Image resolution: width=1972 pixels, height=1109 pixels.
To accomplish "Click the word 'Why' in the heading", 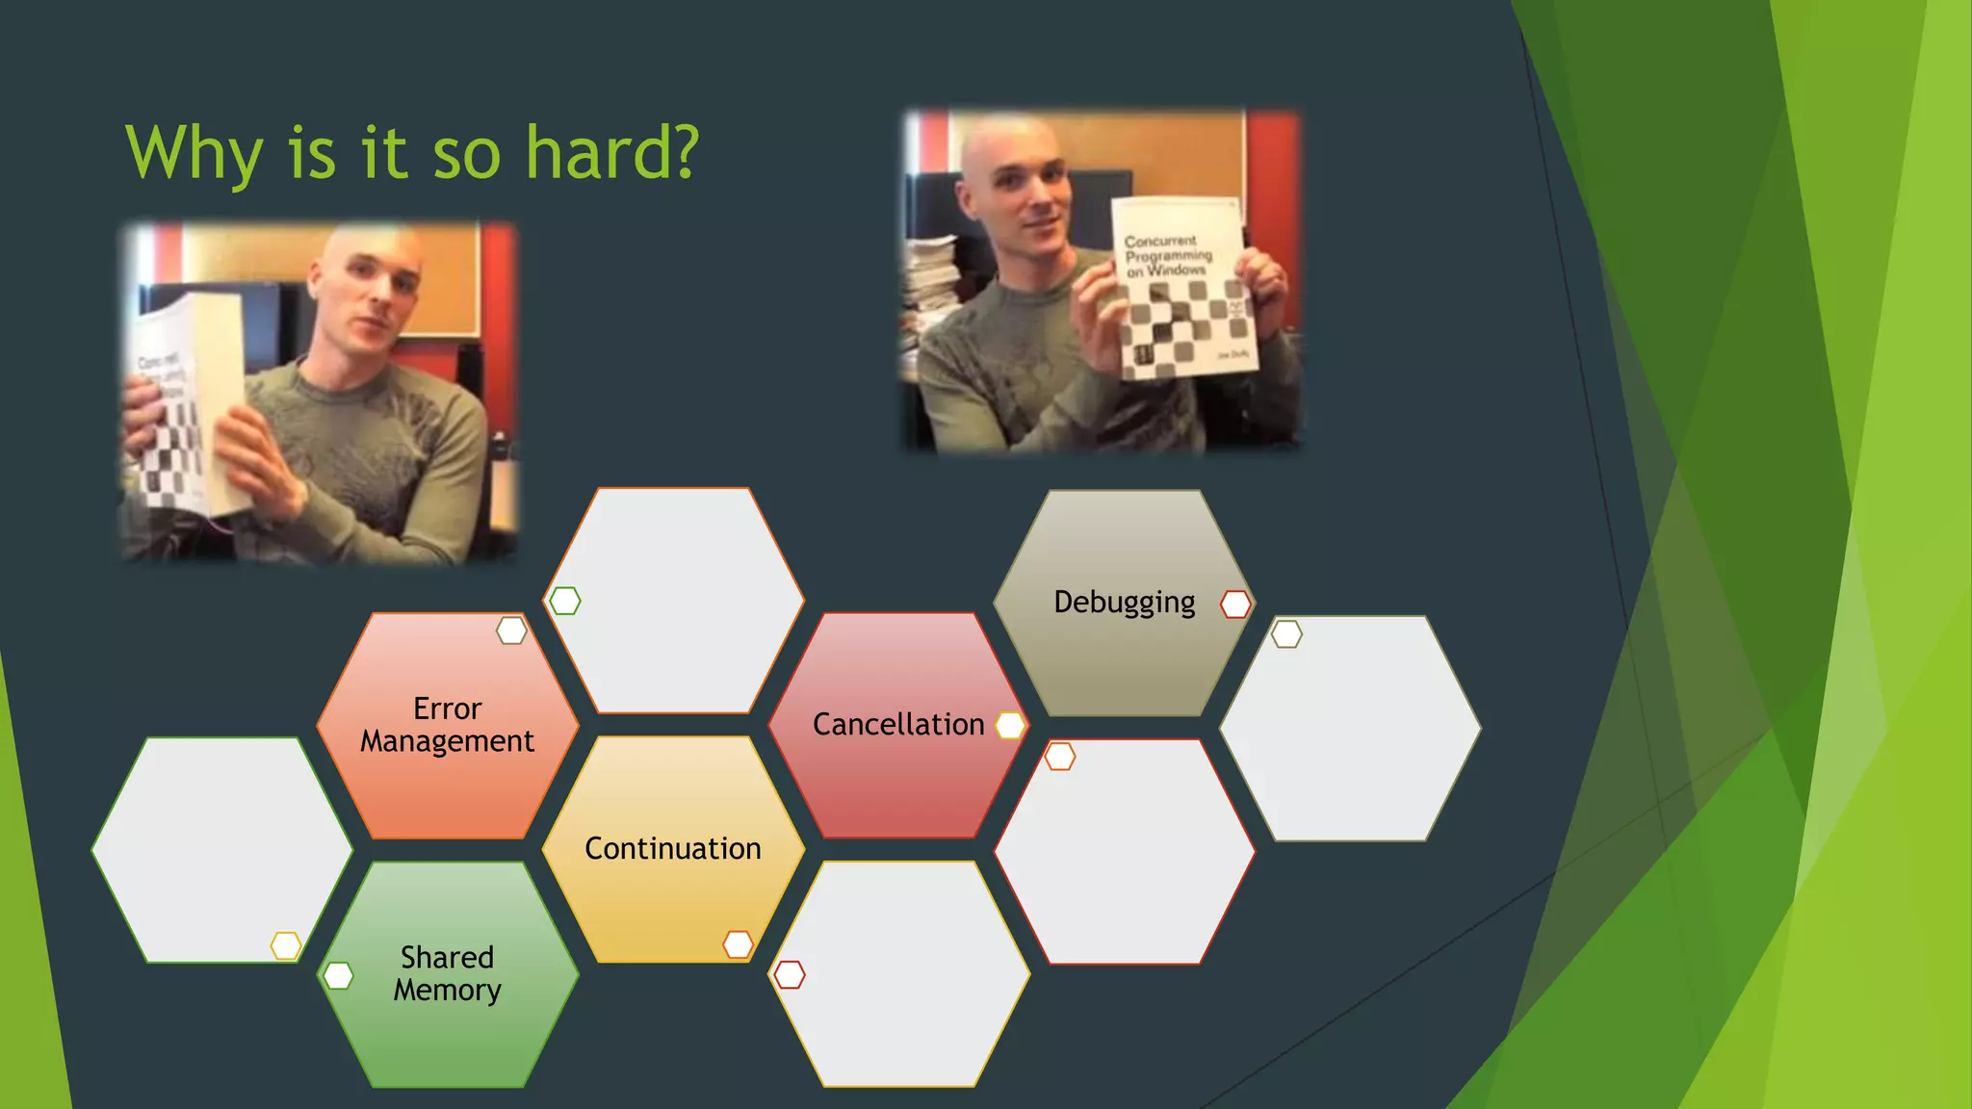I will [x=194, y=154].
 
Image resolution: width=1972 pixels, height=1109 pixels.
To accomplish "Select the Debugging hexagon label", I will [x=1124, y=603].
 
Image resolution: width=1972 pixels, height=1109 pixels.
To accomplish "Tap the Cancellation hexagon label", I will [x=897, y=725].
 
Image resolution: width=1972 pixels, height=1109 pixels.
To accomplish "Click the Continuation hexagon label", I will [x=672, y=849].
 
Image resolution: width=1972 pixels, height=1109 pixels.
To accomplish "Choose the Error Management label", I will [x=447, y=725].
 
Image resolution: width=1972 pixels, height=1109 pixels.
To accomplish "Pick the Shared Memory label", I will [x=447, y=973].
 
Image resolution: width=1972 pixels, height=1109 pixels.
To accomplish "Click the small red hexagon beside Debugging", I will [x=1235, y=605].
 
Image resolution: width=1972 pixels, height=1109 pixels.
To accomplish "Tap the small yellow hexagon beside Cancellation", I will [x=1009, y=726].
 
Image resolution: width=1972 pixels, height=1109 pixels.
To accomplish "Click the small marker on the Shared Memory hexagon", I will [x=338, y=975].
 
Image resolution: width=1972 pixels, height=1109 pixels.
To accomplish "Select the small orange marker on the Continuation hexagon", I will [x=738, y=944].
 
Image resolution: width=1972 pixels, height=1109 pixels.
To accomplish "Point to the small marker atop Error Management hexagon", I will [x=511, y=632].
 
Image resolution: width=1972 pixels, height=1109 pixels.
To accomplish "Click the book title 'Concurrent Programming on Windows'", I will [x=1167, y=256].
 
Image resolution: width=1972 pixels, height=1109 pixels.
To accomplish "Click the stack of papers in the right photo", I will [x=929, y=279].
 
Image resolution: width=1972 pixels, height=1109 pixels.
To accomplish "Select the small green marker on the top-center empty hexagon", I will [x=564, y=601].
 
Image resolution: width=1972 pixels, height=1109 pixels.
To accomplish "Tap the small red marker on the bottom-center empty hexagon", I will [x=789, y=975].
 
